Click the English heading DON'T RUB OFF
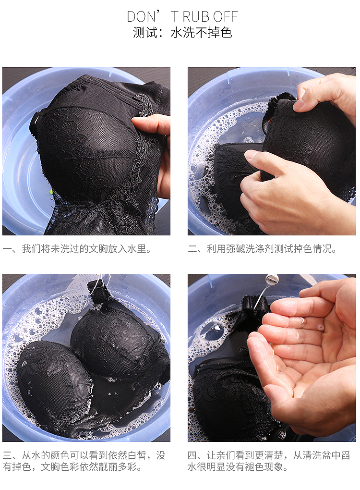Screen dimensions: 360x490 click(182, 16)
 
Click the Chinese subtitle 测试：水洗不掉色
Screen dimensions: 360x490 click(182, 33)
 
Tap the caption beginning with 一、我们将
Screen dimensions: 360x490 click(77, 249)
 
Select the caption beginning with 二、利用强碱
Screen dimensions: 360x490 click(262, 249)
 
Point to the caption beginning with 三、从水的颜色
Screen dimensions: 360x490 click(84, 461)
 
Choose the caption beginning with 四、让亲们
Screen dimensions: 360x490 click(269, 461)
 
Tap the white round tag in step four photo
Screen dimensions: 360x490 click(272, 279)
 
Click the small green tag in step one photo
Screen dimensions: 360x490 click(51, 192)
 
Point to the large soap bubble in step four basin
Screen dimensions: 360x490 click(216, 328)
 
